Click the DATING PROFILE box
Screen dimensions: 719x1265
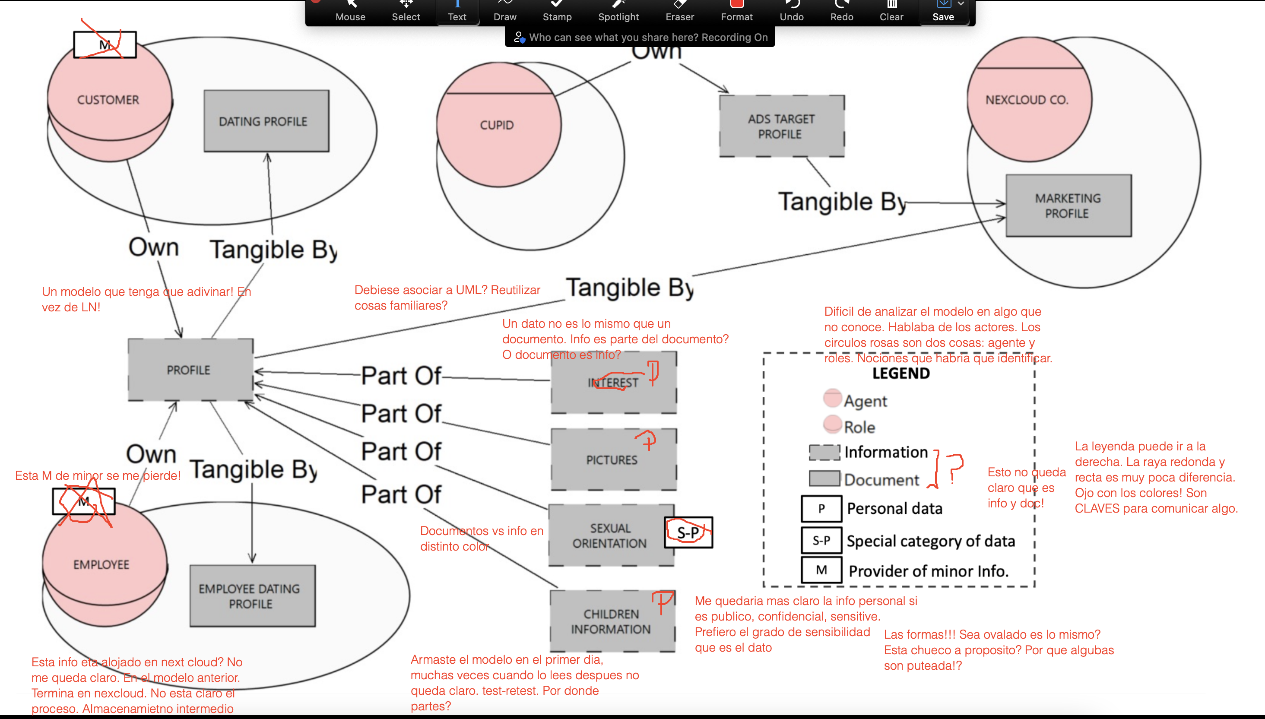tap(266, 121)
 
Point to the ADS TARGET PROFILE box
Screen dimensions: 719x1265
tap(781, 127)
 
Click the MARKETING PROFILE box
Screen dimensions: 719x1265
tap(1068, 206)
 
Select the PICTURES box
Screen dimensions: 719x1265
tap(613, 459)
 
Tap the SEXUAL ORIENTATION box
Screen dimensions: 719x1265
tap(611, 535)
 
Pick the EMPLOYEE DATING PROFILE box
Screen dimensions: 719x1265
tap(252, 596)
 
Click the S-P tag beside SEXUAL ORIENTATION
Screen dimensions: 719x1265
tap(688, 532)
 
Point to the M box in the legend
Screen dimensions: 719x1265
tap(821, 570)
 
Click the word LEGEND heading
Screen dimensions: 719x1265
tap(900, 374)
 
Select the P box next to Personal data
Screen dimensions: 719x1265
tap(821, 509)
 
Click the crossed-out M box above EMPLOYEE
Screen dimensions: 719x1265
tap(84, 502)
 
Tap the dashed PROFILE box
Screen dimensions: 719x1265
tap(190, 370)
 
